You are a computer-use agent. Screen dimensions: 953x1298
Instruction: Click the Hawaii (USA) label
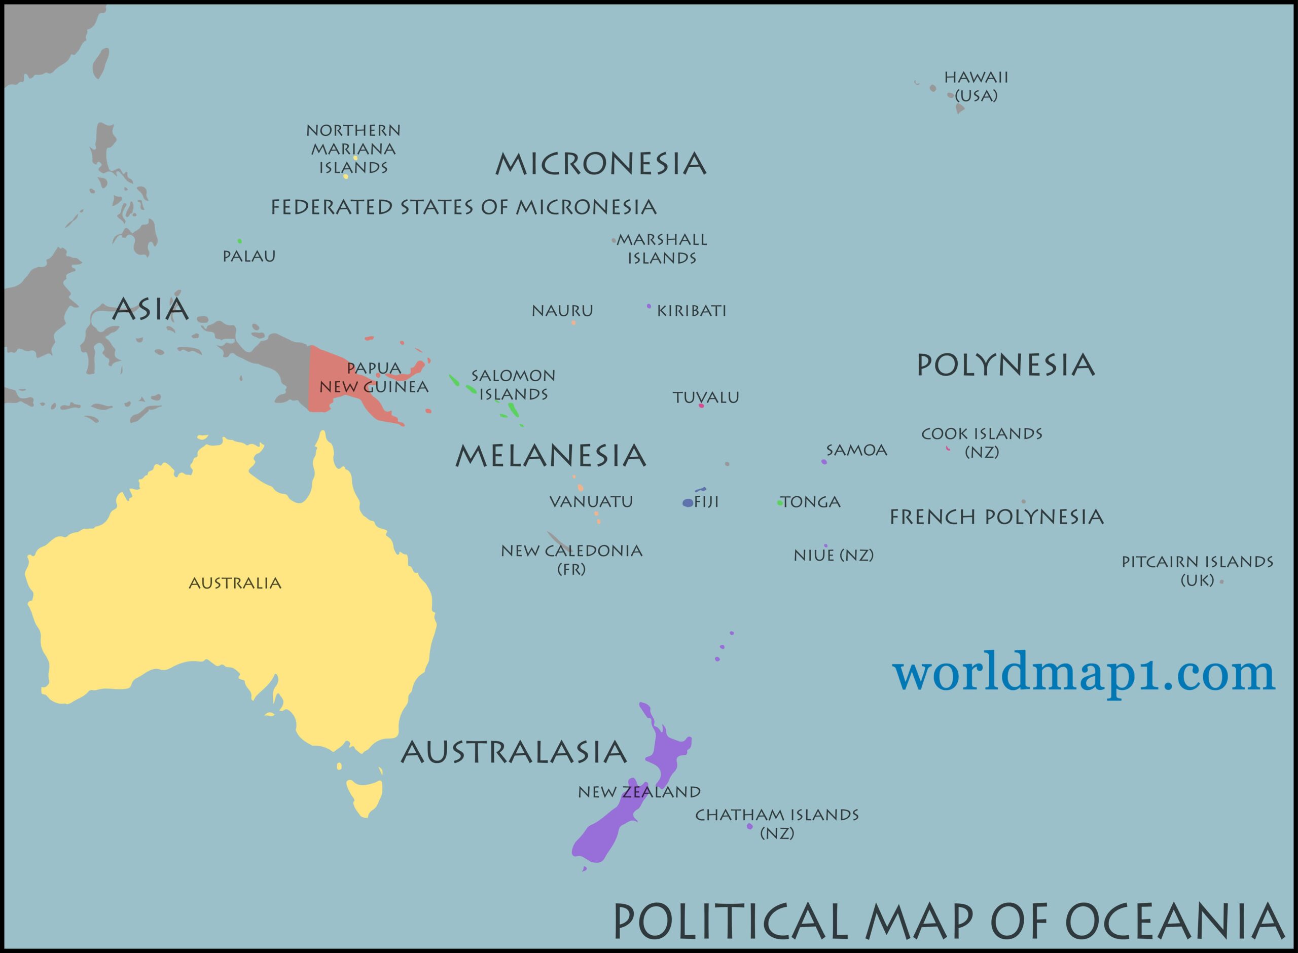[976, 86]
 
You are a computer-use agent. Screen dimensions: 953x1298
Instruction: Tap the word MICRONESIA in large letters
[600, 164]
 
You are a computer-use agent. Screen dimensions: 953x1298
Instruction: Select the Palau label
[249, 255]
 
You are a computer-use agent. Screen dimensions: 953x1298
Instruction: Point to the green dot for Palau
[239, 241]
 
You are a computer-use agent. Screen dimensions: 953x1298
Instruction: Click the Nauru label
[562, 311]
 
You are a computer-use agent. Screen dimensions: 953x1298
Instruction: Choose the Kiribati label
[692, 311]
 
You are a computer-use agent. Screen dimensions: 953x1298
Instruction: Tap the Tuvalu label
[706, 397]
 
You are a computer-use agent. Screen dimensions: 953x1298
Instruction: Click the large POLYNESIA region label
[1005, 365]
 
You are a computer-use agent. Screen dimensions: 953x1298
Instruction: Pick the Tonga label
[811, 502]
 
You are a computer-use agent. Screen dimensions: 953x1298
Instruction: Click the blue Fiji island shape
[688, 502]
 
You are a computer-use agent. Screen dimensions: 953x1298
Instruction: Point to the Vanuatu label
[591, 501]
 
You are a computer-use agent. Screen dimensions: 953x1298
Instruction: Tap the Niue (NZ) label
[833, 555]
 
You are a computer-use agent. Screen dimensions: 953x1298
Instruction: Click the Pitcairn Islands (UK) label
[1197, 570]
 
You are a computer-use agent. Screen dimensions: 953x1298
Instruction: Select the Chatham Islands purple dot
[749, 826]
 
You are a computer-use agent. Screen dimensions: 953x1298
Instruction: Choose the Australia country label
[235, 583]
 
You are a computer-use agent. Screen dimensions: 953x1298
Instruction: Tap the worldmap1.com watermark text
[1084, 674]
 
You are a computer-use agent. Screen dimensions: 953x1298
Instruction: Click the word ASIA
[150, 309]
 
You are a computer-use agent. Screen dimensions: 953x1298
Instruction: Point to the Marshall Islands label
[662, 248]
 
